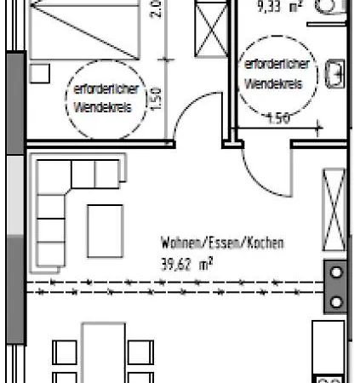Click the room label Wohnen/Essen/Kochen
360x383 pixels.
pos(222,243)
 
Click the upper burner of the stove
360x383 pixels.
pos(335,275)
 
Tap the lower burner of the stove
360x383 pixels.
pos(335,301)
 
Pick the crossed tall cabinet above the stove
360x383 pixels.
pos(334,203)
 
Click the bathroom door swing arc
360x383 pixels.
pos(264,174)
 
